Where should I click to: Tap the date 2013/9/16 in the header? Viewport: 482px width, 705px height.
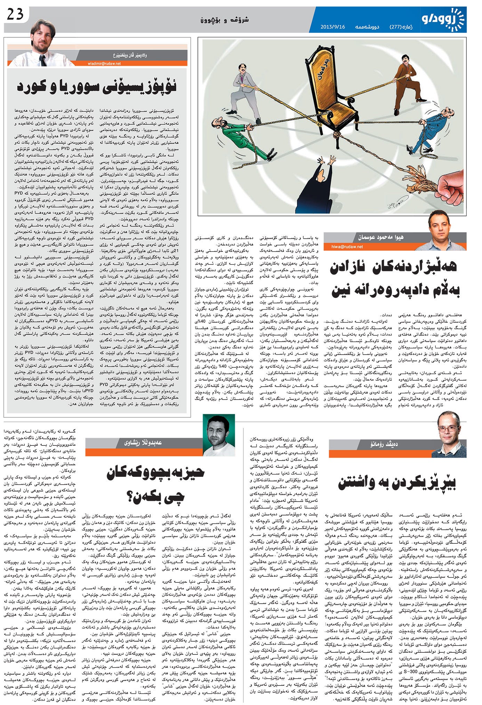tap(332, 27)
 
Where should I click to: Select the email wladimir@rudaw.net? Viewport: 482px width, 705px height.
tap(104, 63)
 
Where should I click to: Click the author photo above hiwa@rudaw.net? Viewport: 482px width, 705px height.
tap(440, 230)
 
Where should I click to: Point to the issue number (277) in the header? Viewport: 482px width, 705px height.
tap(396, 27)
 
